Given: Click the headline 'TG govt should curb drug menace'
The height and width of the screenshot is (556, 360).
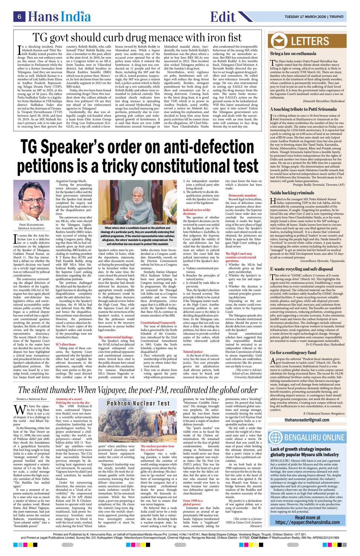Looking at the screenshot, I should point(137,37).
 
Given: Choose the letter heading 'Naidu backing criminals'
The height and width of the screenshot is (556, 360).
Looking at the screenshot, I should point(292,193).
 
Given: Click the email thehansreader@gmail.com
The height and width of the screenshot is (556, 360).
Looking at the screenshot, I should point(312,420).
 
